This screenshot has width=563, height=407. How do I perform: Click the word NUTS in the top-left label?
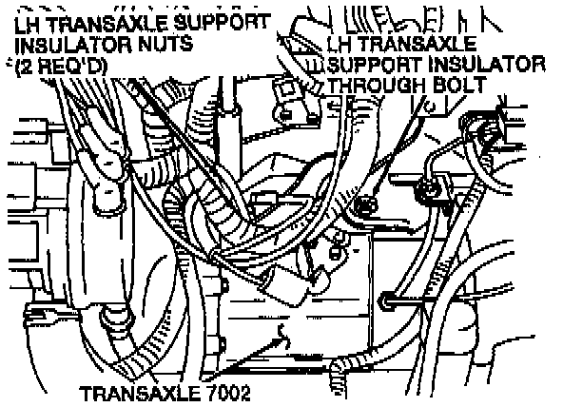click(165, 45)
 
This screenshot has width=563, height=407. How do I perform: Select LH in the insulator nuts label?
click(28, 24)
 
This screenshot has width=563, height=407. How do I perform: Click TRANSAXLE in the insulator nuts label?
click(107, 24)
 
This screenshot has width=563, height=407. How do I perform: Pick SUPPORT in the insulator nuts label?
click(222, 22)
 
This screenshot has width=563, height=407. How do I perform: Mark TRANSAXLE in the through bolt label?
click(416, 44)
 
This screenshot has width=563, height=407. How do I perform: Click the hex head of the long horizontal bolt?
click(385, 300)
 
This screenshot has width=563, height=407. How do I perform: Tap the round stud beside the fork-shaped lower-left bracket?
click(113, 318)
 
